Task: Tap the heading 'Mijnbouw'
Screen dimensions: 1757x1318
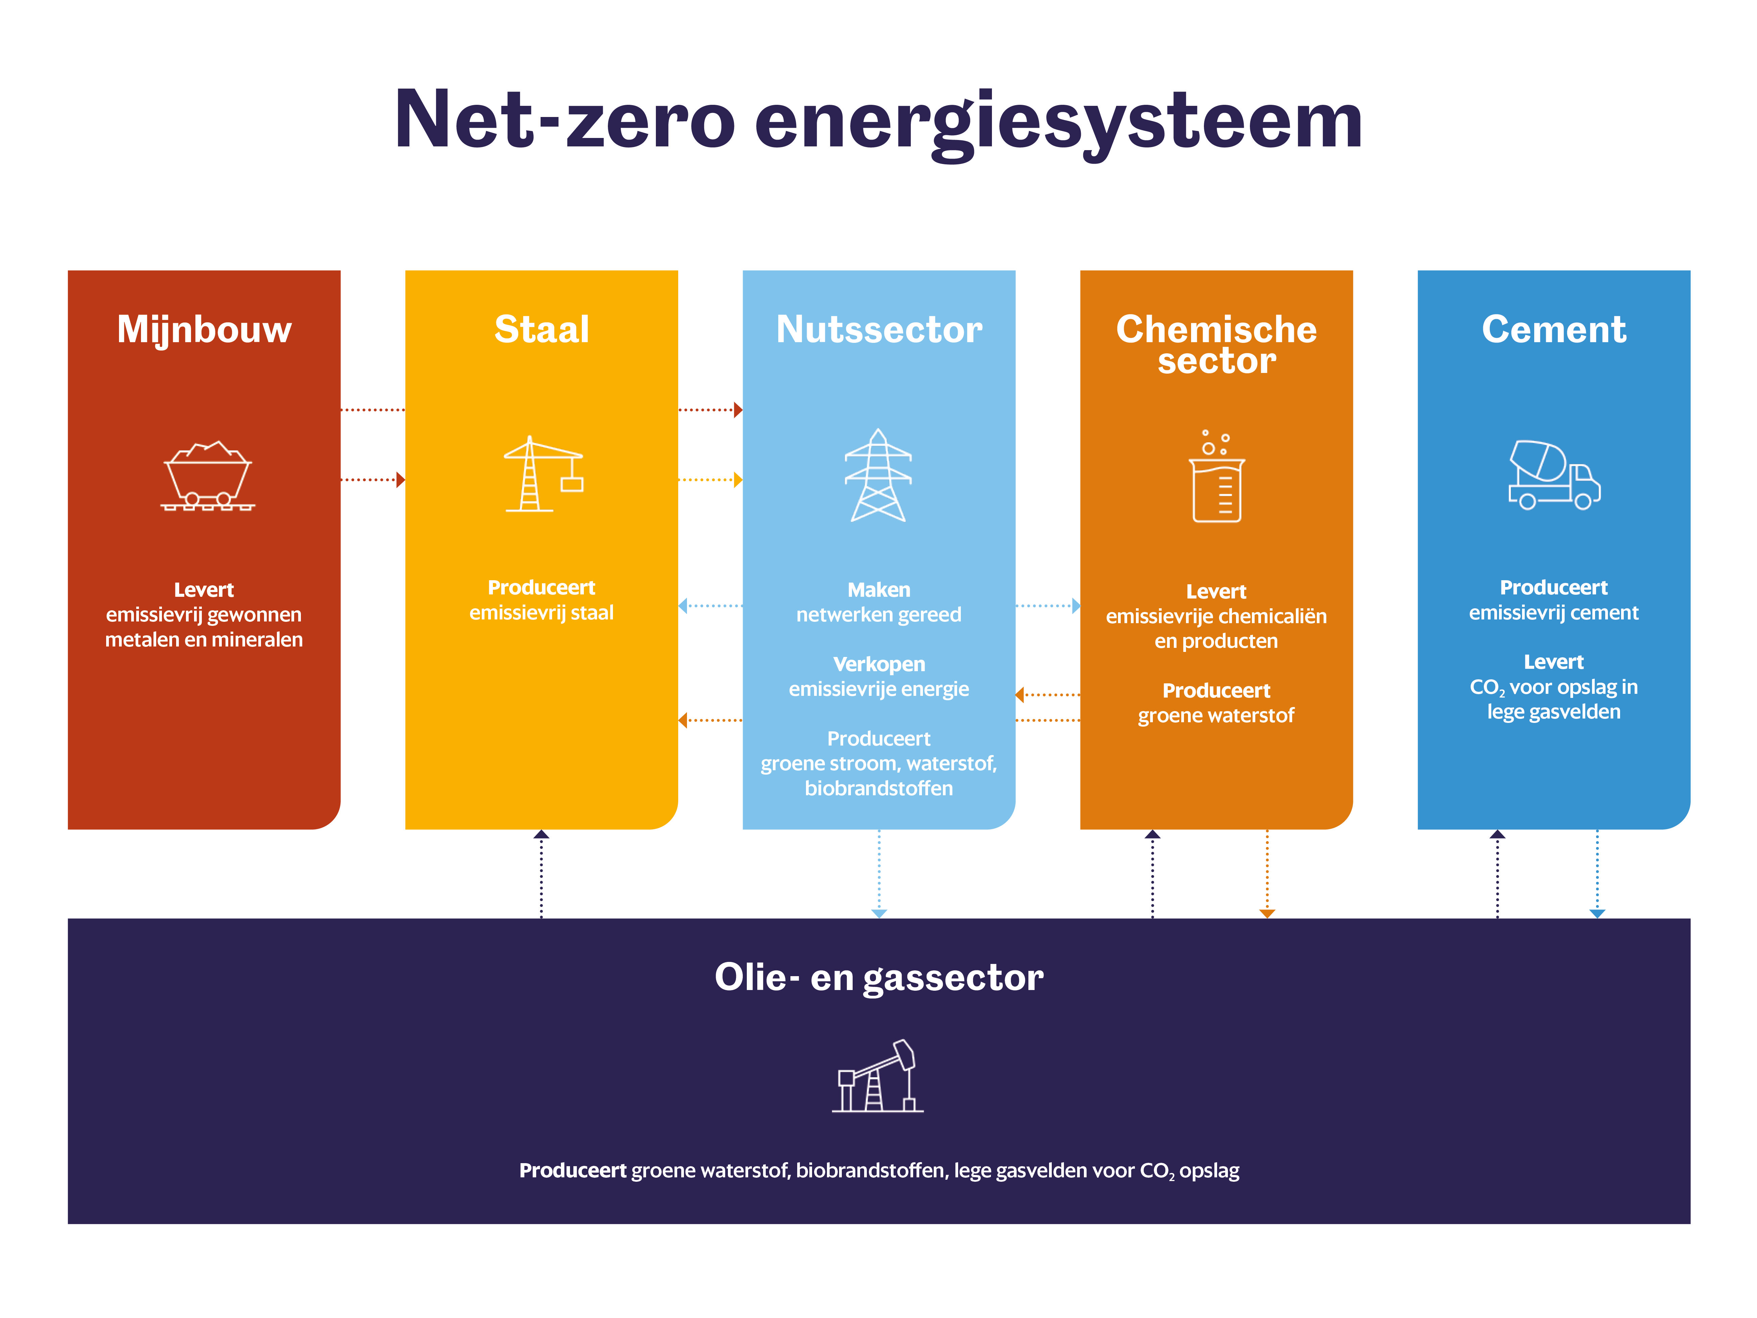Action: click(x=204, y=330)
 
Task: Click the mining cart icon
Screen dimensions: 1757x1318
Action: click(x=207, y=475)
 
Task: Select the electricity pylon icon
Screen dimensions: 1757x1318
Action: click(x=878, y=475)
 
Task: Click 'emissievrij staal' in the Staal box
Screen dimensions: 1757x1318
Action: click(x=542, y=613)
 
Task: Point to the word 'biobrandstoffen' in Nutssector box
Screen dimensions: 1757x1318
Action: click(x=878, y=788)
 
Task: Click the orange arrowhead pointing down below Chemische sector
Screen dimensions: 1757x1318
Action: click(x=1268, y=914)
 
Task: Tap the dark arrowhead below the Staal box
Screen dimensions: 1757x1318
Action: click(x=542, y=834)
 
